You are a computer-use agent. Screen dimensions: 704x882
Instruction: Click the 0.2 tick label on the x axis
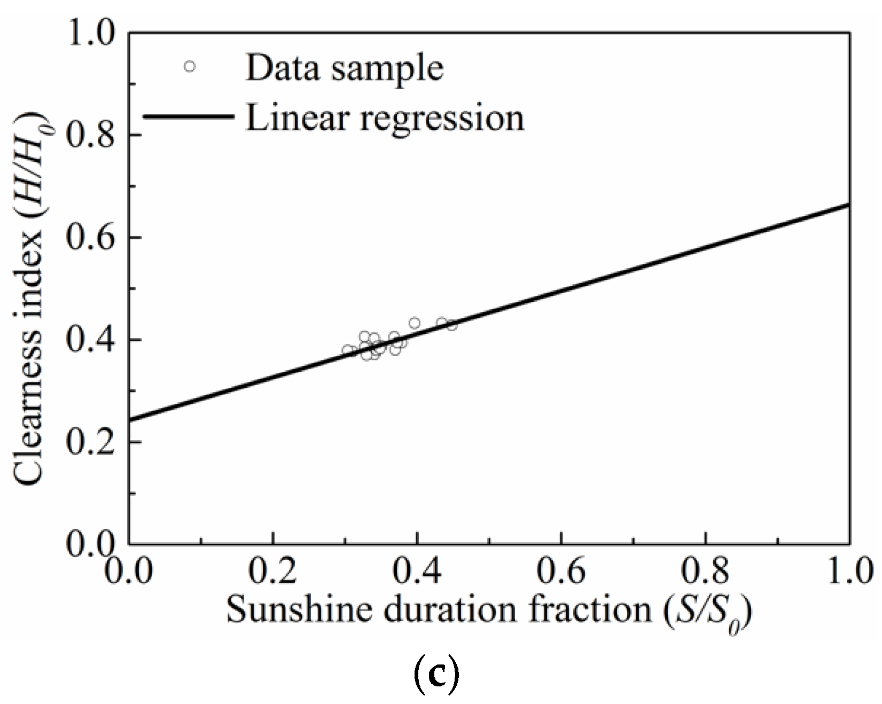(x=272, y=572)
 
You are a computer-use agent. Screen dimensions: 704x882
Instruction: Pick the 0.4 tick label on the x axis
(x=417, y=572)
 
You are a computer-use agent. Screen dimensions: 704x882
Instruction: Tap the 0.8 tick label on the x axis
(x=705, y=572)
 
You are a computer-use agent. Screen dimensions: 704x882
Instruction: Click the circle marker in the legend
(x=190, y=66)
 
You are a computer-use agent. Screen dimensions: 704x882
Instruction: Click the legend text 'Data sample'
(x=345, y=68)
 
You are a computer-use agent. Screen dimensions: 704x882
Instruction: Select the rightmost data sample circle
(x=452, y=325)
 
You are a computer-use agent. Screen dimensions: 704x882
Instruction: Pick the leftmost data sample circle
(x=348, y=351)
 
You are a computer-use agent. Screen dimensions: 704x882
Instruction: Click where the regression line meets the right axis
(x=849, y=204)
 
